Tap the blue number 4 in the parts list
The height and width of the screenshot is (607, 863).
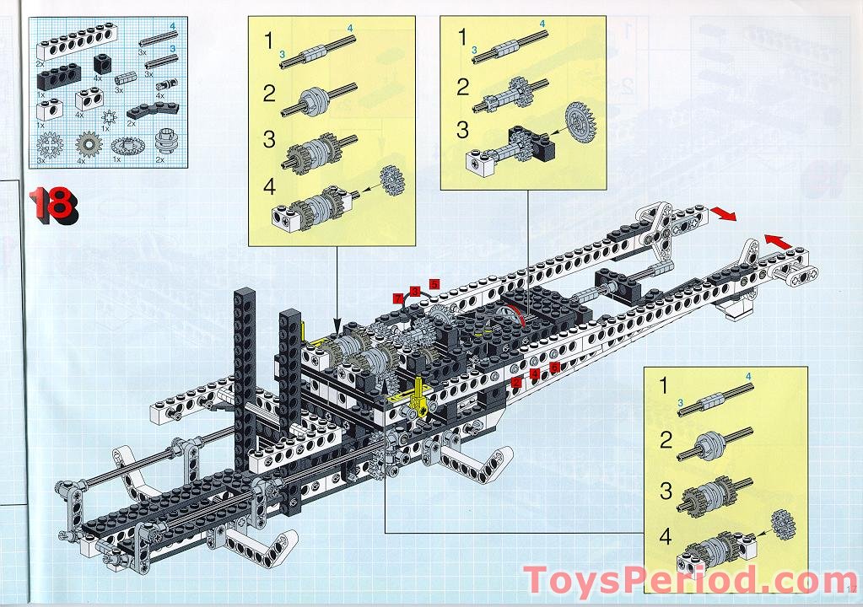(172, 28)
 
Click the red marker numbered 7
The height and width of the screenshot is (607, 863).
(397, 297)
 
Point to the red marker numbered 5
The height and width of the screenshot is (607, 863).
(434, 283)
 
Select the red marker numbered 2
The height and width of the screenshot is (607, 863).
(516, 381)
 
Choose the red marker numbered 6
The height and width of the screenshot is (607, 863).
(554, 367)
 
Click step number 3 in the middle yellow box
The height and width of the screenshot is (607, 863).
(462, 131)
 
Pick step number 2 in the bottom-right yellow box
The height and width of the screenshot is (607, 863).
(666, 439)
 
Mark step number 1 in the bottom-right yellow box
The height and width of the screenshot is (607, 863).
(664, 388)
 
